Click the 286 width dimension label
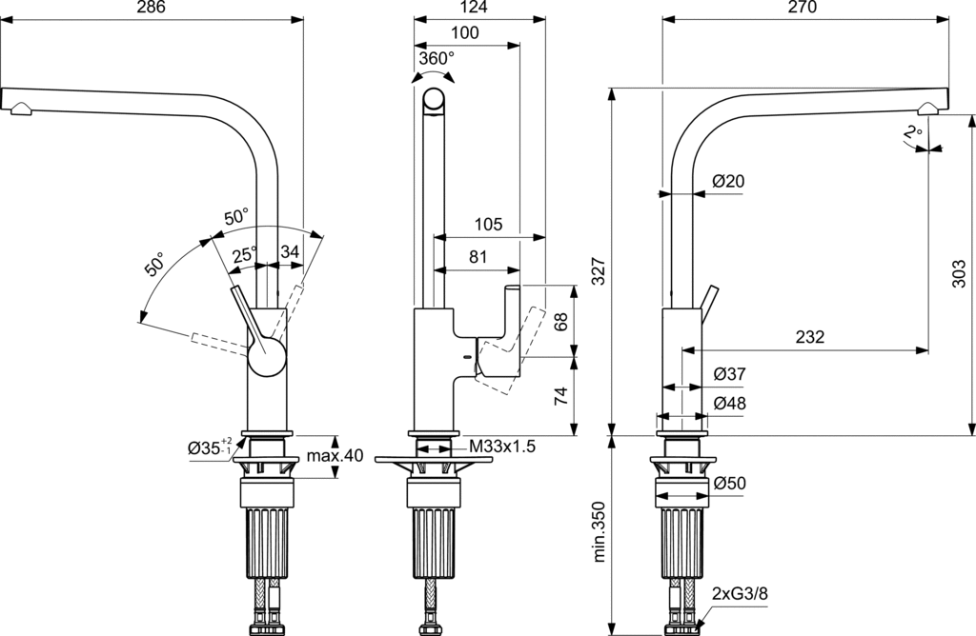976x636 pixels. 152,8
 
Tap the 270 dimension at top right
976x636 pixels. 802,8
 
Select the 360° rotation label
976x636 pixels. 437,58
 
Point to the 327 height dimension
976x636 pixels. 599,270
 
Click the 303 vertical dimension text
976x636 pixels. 959,274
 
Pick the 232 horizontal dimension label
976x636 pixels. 810,336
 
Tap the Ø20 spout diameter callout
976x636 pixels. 728,181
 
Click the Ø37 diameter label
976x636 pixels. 729,373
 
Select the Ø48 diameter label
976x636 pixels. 729,403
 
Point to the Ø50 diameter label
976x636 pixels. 729,483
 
